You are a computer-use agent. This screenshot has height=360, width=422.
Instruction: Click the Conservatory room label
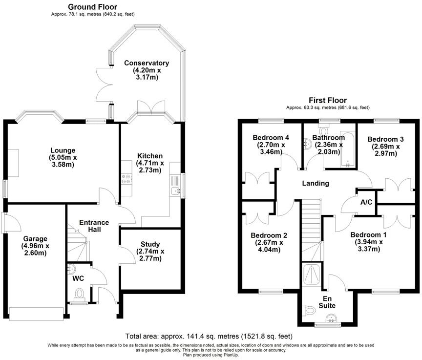(x=147, y=63)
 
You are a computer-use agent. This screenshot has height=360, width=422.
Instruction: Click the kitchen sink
(x=175, y=186)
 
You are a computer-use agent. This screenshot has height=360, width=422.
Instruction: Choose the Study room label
(x=150, y=244)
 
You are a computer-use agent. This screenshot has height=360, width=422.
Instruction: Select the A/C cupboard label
(x=366, y=202)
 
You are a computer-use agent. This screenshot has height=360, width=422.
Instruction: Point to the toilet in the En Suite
(x=309, y=310)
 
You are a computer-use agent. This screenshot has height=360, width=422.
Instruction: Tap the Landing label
(x=315, y=184)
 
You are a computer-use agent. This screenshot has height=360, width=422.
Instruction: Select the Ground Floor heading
(x=93, y=7)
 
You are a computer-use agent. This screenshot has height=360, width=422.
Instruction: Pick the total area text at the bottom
(x=211, y=337)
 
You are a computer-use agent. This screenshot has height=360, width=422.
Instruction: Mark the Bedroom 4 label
(x=271, y=138)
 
